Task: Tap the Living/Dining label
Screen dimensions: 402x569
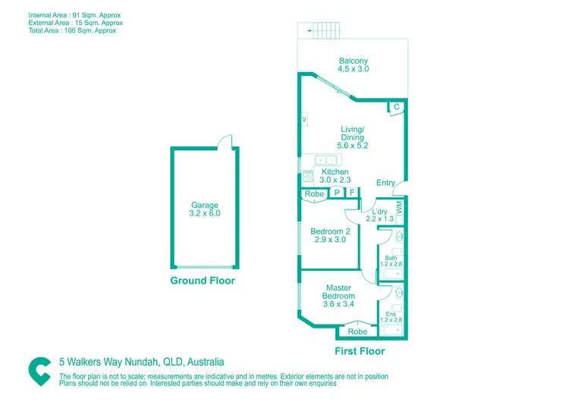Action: point(353,137)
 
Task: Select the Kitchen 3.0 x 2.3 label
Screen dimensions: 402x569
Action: point(335,176)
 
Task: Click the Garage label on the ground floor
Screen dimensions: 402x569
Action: point(205,209)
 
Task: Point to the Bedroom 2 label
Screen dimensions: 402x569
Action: point(330,235)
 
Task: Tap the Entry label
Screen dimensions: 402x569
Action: point(385,183)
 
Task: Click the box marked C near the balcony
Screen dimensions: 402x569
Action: point(396,108)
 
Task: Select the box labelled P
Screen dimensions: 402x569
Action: point(337,194)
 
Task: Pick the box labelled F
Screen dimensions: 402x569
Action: point(353,194)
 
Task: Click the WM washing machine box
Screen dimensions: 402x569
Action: point(399,205)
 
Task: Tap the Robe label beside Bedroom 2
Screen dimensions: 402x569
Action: point(314,194)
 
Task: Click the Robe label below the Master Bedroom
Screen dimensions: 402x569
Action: point(357,331)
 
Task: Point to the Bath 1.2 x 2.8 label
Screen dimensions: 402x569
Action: point(391,260)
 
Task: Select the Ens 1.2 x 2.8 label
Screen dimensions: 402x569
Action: point(391,317)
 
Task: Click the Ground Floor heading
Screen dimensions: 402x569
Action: point(202,281)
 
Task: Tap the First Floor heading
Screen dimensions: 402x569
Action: point(360,351)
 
